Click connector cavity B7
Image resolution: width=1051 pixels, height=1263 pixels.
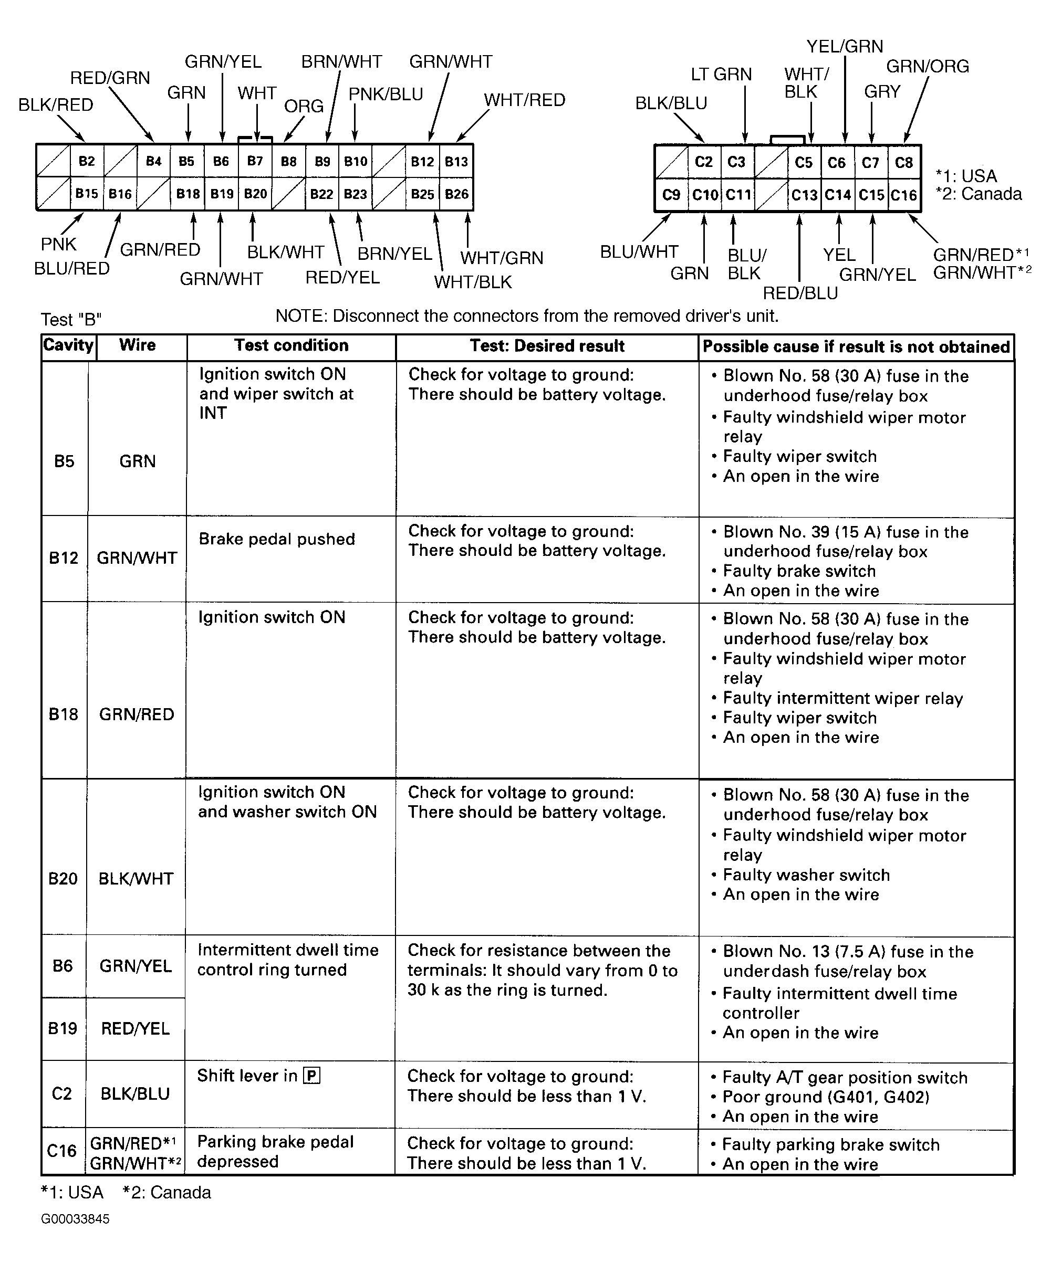255,161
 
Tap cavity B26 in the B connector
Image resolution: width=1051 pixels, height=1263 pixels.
456,194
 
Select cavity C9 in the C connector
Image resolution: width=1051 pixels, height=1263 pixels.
671,195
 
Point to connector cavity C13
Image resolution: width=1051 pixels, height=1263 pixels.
804,195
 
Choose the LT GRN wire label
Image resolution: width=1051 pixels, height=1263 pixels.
721,75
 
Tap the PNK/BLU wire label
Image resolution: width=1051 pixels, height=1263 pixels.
386,94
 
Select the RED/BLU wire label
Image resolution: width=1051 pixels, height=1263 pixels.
800,293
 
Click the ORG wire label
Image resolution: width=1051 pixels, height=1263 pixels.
304,107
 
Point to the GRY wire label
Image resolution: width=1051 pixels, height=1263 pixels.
882,92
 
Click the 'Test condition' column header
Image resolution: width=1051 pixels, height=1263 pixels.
291,345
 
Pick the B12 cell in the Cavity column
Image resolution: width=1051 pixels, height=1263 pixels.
64,558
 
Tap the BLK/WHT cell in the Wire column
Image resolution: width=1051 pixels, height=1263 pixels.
136,879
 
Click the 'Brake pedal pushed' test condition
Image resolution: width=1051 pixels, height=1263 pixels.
277,539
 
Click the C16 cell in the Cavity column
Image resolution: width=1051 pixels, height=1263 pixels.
62,1151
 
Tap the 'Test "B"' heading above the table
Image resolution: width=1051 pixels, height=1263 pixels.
71,319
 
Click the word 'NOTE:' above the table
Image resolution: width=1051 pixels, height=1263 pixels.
301,317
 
